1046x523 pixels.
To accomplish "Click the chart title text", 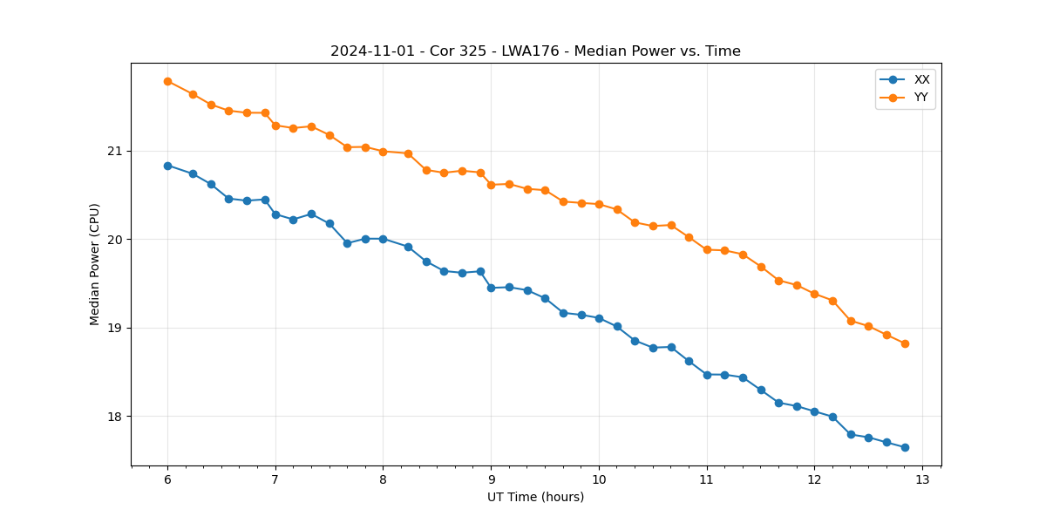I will [x=535, y=51].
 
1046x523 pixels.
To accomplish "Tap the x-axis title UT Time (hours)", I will [x=535, y=497].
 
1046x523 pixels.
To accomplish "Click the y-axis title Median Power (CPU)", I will [x=95, y=264].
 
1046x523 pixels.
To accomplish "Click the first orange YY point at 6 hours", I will [x=167, y=81].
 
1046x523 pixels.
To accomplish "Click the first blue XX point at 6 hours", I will [x=167, y=166].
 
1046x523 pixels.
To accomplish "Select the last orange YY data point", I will [x=905, y=343].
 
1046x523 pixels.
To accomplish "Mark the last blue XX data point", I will [x=905, y=447].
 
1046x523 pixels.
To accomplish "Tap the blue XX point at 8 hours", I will [x=383, y=239].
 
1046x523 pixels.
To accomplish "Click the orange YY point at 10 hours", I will [x=599, y=204].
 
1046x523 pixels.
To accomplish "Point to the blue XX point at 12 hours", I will [x=814, y=411].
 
